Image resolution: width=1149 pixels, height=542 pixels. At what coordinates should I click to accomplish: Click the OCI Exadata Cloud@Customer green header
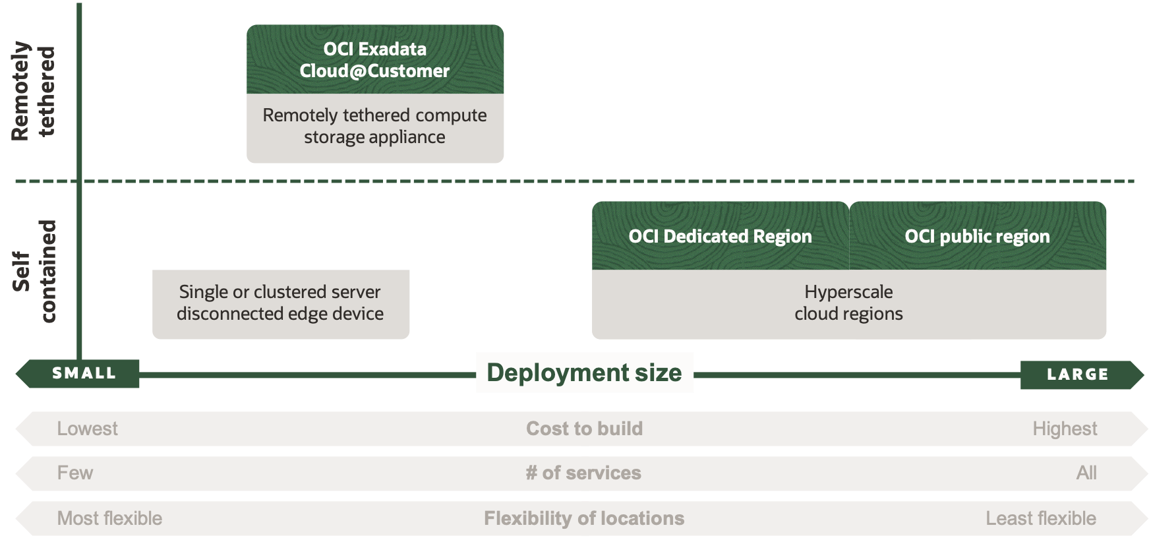tap(374, 59)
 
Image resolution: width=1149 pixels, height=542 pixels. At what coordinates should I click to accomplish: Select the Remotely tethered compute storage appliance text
tap(374, 126)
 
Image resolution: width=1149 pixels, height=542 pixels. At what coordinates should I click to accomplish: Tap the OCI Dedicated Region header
tap(720, 236)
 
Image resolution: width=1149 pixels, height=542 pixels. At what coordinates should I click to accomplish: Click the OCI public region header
tap(977, 236)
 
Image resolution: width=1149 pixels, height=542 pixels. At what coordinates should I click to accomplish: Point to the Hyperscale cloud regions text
tap(848, 303)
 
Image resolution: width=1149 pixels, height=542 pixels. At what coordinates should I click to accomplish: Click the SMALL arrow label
tap(84, 373)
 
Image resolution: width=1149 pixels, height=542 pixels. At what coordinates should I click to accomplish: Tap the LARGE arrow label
tap(1077, 375)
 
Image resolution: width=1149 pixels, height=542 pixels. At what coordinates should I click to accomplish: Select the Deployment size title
tap(584, 373)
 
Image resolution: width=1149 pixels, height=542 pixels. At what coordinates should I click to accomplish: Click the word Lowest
tap(87, 429)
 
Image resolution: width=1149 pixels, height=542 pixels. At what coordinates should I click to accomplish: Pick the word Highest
tap(1064, 429)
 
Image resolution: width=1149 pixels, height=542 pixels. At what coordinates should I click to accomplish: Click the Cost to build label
tap(584, 429)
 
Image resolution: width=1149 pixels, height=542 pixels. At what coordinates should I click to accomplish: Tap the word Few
tap(75, 473)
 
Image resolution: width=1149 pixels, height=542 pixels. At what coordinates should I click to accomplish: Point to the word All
tap(1086, 473)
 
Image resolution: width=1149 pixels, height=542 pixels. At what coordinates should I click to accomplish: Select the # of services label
tap(583, 473)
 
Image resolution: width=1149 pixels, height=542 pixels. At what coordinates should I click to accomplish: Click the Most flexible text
tap(109, 518)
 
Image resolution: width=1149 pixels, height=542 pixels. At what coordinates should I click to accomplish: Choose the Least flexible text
tap(1040, 518)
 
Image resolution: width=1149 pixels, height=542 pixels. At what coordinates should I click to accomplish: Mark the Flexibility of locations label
tap(584, 518)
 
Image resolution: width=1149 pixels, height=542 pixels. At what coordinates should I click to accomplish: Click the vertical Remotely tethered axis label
tap(34, 91)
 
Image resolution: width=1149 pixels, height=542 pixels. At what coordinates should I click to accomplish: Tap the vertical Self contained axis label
tap(34, 271)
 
